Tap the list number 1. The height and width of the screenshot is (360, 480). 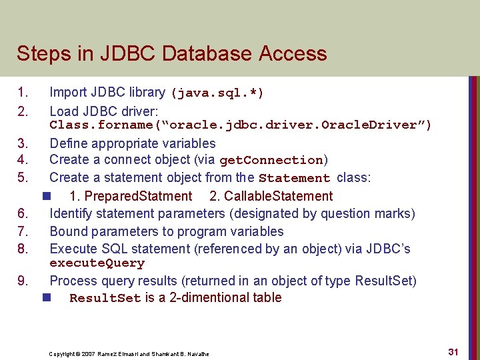(x=22, y=93)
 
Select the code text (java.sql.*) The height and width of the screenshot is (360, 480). (x=217, y=93)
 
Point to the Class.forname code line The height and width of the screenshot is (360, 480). (x=240, y=125)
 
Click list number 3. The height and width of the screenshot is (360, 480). (x=22, y=143)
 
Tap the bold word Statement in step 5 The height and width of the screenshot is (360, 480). (x=294, y=178)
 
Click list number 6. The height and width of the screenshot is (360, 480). (x=22, y=214)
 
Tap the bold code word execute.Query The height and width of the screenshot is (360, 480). (x=97, y=263)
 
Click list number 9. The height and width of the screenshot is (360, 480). (x=22, y=281)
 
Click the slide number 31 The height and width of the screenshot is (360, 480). (x=453, y=351)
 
